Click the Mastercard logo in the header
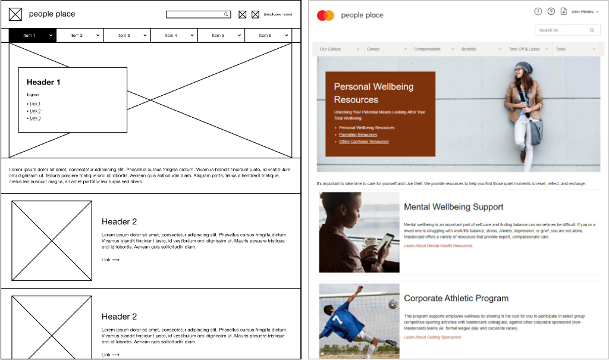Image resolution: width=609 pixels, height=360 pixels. [326, 15]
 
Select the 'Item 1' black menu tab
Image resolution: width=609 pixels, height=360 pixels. [32, 36]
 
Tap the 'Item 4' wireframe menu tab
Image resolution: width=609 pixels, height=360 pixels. [174, 36]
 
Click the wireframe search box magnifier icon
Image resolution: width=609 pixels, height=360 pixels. [226, 14]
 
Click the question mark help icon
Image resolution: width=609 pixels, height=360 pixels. [551, 11]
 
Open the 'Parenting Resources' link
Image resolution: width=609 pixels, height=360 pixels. [358, 135]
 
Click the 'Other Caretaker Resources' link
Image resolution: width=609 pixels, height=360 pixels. [363, 142]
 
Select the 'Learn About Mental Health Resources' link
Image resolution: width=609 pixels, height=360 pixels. [438, 246]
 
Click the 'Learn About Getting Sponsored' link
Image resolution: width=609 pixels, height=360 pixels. [432, 337]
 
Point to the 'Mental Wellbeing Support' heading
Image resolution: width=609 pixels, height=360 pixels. [453, 207]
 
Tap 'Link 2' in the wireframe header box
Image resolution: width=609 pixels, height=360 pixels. [35, 111]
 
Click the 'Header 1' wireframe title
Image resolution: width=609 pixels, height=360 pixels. [43, 83]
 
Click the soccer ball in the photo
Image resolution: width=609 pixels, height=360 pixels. [393, 304]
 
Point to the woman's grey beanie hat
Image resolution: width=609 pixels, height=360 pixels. [523, 66]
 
